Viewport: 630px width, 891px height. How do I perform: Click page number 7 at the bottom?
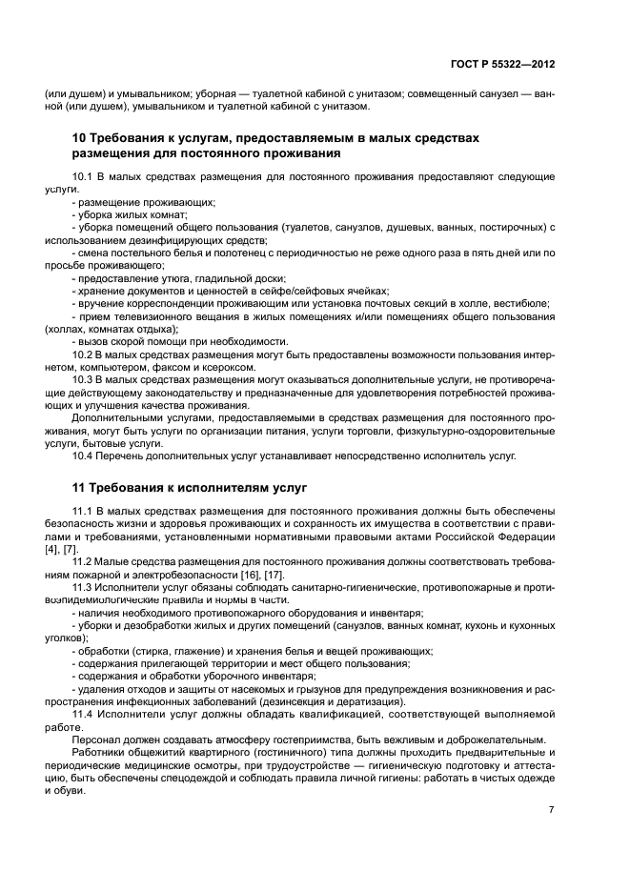coord(551,810)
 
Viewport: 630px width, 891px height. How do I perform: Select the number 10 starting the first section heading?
coord(80,138)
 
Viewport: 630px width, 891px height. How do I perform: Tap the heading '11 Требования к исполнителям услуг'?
coord(190,487)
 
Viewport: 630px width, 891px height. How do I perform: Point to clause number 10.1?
coord(84,177)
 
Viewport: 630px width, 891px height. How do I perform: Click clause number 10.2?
coord(84,354)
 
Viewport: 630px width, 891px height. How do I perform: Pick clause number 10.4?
coord(84,456)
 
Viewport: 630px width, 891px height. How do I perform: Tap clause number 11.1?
coord(83,513)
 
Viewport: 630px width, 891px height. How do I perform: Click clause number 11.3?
coord(84,587)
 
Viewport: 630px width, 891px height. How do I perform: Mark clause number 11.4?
coord(84,713)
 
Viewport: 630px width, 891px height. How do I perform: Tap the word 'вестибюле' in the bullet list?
coord(521,303)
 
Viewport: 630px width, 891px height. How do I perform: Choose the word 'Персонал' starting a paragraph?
coord(96,739)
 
